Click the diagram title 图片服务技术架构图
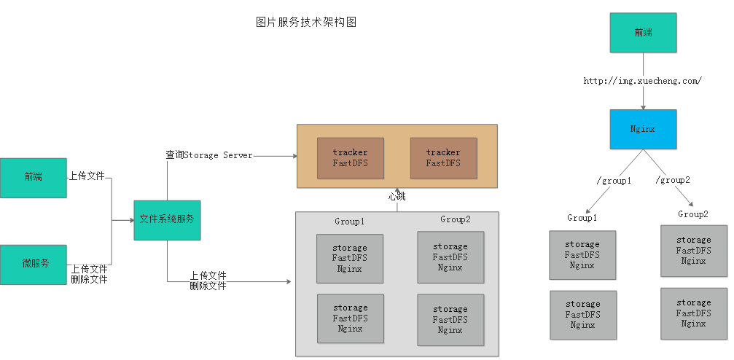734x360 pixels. point(306,23)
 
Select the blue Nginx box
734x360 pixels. point(643,129)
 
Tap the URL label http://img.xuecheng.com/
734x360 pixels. point(642,81)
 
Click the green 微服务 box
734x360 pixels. point(34,264)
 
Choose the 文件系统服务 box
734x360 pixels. point(167,219)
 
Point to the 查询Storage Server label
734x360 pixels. point(209,155)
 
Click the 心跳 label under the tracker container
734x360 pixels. point(397,197)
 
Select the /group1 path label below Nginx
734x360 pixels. point(614,180)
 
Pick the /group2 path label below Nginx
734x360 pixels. point(672,179)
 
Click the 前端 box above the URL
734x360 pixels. point(643,33)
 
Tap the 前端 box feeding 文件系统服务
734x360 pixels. point(34,177)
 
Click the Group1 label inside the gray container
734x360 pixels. point(350,221)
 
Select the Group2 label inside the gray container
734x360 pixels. point(456,219)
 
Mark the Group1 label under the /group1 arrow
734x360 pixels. point(582,218)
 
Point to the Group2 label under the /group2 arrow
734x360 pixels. point(693,214)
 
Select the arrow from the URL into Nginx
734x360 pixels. point(643,98)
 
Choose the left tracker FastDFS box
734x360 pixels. point(351,158)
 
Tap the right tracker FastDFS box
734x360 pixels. point(443,158)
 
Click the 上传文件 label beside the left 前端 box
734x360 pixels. point(87,176)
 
